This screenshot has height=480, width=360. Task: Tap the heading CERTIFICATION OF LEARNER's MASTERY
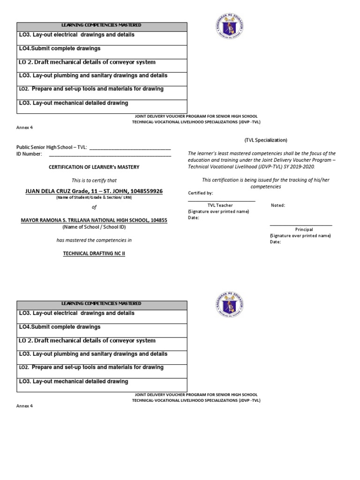pos(94,167)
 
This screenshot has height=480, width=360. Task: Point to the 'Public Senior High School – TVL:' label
pos(52,147)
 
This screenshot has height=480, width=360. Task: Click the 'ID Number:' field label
pos(29,154)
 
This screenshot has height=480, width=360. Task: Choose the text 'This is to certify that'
pos(94,180)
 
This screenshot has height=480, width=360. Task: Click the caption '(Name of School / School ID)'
pos(94,227)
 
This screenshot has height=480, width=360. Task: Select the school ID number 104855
pos(157,220)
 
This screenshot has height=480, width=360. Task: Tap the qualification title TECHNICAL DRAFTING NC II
pos(94,254)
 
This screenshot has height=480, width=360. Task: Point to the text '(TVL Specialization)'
pos(266,140)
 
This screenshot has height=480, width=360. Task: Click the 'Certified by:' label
pos(200,193)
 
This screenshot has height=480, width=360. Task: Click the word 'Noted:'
pos(278,205)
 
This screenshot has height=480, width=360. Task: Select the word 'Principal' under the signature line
pos(304,230)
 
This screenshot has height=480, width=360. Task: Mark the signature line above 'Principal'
pos(301,225)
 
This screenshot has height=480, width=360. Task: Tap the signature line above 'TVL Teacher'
pos(222,201)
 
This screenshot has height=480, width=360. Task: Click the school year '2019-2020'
pos(302,166)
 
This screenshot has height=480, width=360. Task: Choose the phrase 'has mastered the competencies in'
pos(94,240)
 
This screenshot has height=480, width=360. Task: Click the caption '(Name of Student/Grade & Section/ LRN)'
pos(94,198)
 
